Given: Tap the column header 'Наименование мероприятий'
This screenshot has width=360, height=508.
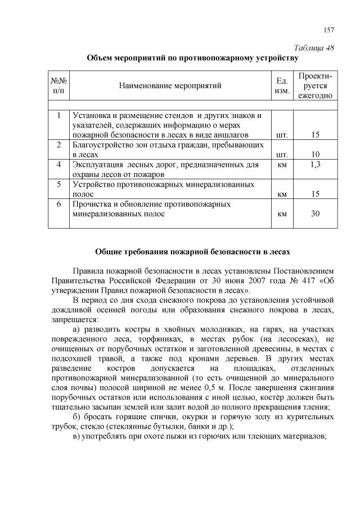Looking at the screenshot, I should coord(170,85).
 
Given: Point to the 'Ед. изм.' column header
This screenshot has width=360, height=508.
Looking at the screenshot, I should coord(283,85).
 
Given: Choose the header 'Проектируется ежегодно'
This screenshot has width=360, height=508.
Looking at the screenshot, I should coord(315,85).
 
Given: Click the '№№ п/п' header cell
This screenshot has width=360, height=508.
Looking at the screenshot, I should coord(58,85).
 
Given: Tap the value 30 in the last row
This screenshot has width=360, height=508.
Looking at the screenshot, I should coord(315,214).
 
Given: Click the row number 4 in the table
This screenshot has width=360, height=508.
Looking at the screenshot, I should coord(58,165).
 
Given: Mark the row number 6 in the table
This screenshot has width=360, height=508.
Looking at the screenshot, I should coord(58,204).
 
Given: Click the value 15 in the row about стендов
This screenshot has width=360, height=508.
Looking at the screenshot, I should coord(315,135).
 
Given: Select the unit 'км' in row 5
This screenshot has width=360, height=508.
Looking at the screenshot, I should coord(283,194).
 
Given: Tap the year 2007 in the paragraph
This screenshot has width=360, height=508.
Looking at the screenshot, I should coord(227,281).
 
